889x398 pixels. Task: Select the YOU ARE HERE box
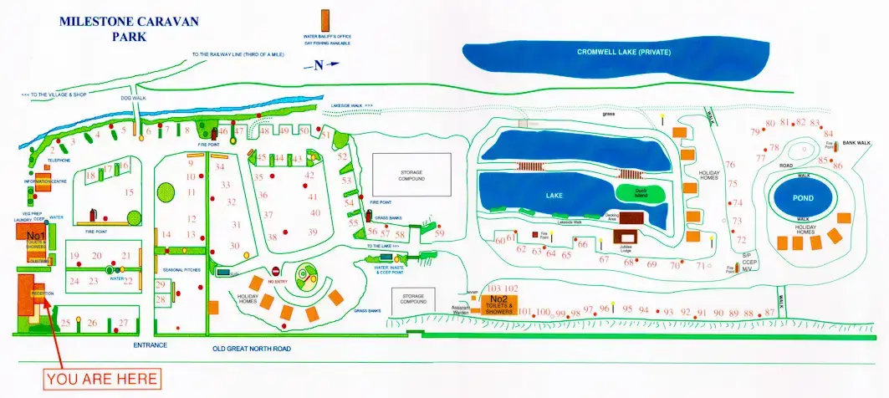point(103,379)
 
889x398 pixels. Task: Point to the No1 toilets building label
point(34,237)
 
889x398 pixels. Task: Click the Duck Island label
point(642,191)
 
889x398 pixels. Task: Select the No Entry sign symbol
point(275,272)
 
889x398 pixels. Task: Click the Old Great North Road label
point(251,349)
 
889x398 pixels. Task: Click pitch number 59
point(439,233)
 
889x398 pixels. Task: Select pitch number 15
point(130,192)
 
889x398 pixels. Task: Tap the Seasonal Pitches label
point(182,269)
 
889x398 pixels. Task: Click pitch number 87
point(770,313)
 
